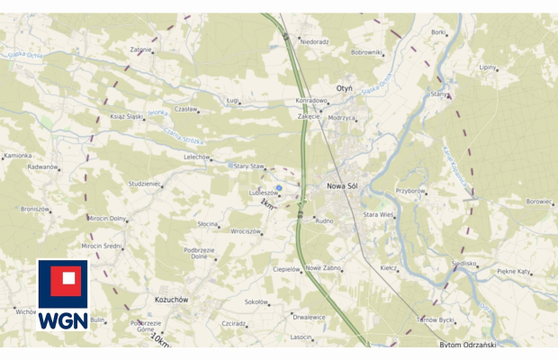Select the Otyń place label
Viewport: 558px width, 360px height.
pos(344,87)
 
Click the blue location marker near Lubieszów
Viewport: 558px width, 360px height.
pos(279,188)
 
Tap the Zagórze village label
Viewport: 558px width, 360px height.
pos(140,49)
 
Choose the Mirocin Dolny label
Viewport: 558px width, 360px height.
pos(106,218)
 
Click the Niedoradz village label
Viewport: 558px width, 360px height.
pos(314,41)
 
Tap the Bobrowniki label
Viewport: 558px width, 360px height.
pos(367,52)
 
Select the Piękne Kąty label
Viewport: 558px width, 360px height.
pos(517,271)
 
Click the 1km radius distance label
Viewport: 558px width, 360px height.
pos(266,205)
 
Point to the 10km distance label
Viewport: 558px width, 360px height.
pos(161,339)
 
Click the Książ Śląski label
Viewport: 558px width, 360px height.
pos(127,117)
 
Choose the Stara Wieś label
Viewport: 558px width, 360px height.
pos(378,215)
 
